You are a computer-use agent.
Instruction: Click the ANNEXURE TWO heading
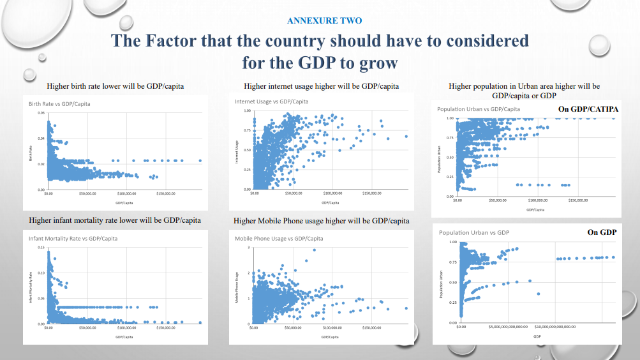(x=324, y=20)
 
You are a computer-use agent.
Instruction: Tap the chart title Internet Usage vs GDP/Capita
(x=272, y=101)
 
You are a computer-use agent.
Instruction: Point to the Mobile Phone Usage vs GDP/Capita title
(x=279, y=238)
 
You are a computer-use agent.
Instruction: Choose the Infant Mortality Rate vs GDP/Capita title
(x=73, y=238)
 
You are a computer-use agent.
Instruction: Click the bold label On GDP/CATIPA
(x=587, y=109)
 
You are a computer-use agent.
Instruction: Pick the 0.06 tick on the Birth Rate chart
(x=41, y=114)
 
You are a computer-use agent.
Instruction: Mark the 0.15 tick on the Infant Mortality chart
(x=41, y=247)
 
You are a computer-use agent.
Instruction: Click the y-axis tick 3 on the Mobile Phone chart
(x=249, y=246)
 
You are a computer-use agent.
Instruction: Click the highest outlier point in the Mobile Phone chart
(x=314, y=250)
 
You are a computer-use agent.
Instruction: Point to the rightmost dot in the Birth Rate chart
(x=200, y=161)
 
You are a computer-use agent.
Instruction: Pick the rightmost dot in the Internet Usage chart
(x=406, y=136)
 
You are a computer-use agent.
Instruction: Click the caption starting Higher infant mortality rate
(x=115, y=220)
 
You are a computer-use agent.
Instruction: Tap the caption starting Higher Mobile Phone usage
(x=322, y=221)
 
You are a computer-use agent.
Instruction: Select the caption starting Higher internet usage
(x=322, y=86)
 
